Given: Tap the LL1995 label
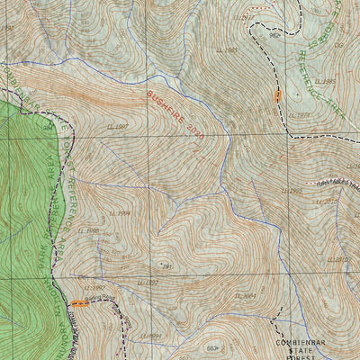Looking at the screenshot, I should coord(292,191).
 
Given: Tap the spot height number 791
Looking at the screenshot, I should coord(166,267).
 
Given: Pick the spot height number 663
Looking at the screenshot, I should coord(212,347).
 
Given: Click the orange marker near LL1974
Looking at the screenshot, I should coord(278,95).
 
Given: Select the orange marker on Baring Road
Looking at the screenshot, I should coord(81,303).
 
